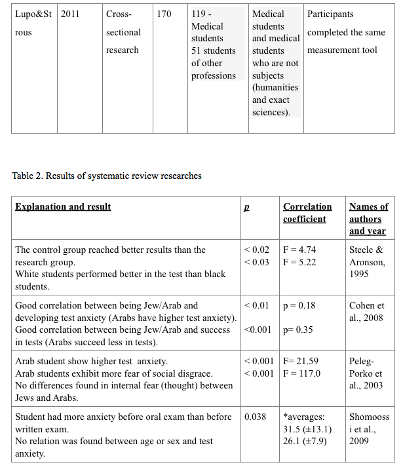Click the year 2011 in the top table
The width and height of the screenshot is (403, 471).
coord(70,14)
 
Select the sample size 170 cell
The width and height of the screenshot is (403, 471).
coord(164,14)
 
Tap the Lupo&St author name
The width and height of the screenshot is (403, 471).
coord(33,14)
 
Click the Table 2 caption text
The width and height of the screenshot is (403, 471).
coord(107,176)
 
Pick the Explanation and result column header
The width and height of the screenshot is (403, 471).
coord(63,207)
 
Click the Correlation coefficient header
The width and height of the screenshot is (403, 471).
coord(307,213)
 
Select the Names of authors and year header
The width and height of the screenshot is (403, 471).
coord(368,219)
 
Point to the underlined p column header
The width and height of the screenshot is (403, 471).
coord(246,207)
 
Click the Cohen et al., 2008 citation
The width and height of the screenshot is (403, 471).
coord(366,311)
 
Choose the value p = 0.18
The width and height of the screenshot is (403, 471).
coord(299,305)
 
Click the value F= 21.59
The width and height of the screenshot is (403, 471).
coord(301,361)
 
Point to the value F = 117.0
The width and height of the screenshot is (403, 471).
coord(302,373)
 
